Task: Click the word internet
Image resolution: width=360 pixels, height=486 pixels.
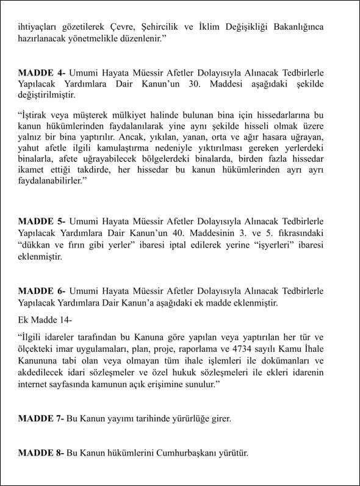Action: pyautogui.click(x=36, y=385)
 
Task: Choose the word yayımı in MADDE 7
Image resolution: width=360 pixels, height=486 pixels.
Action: pyautogui.click(x=124, y=418)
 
